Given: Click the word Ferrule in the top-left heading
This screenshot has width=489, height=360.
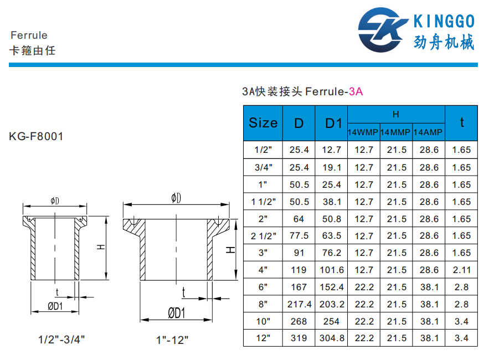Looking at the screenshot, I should pos(29,35).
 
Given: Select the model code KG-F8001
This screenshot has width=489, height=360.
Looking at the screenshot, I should pos(36,136).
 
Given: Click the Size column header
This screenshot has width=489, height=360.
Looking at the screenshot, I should pos(263,123).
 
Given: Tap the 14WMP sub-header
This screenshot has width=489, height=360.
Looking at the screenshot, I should pos(363,132).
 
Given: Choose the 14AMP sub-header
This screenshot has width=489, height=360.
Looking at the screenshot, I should pos(429,132).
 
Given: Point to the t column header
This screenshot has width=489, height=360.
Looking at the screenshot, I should pos(461,123).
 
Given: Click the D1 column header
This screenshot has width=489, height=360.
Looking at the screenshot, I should pos(331,123).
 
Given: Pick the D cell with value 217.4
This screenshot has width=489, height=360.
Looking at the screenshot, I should pos(299,304).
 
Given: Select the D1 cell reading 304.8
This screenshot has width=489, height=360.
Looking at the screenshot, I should pos(331,338).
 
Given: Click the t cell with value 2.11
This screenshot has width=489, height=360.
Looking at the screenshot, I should pos(461,270).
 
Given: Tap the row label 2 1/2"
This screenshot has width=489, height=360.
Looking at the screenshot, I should pos(263,236).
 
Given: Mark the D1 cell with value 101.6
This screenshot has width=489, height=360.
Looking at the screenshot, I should pos(331,270).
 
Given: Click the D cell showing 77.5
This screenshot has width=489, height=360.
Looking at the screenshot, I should pos(299,236).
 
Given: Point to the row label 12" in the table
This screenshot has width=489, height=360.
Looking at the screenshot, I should pos(263,338).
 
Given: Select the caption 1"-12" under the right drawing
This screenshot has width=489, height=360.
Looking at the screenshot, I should pos(172,340).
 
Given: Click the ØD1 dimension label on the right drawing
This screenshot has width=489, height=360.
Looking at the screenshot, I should pos(176,313).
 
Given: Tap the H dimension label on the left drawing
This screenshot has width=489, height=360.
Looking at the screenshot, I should pos(100,247).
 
